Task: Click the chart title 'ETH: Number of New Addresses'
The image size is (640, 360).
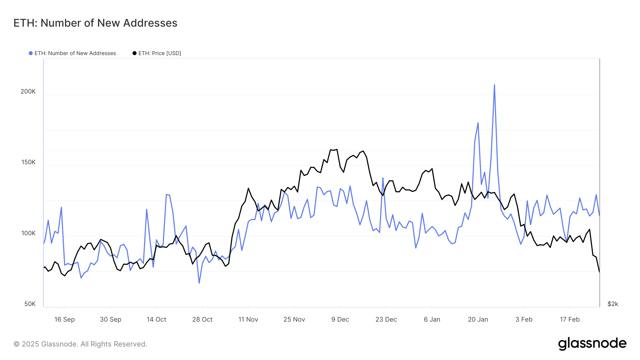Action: (95, 23)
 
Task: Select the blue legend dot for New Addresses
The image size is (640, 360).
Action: (31, 53)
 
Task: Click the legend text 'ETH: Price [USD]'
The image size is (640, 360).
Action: (160, 53)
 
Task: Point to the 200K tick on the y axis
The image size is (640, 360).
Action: (28, 91)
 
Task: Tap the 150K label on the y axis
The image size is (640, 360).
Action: (28, 162)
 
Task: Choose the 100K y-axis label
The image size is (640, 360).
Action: (28, 233)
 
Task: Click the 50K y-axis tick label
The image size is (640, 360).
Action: (30, 304)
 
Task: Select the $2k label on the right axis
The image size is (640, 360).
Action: (613, 304)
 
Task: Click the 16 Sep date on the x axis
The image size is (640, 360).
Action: (64, 319)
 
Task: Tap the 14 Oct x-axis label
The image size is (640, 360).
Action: (156, 319)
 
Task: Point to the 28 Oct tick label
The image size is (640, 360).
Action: (202, 319)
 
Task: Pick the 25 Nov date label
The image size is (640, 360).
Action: (294, 319)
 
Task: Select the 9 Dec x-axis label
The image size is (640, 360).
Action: (340, 319)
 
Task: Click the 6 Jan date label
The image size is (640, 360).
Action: (432, 319)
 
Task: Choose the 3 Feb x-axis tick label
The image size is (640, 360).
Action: (524, 319)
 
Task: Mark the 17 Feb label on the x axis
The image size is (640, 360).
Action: (570, 319)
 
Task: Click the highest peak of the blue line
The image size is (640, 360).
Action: (494, 85)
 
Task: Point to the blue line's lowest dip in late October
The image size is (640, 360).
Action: (199, 283)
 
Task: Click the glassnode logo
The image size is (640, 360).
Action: (592, 344)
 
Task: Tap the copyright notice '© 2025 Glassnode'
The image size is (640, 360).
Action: (80, 344)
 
